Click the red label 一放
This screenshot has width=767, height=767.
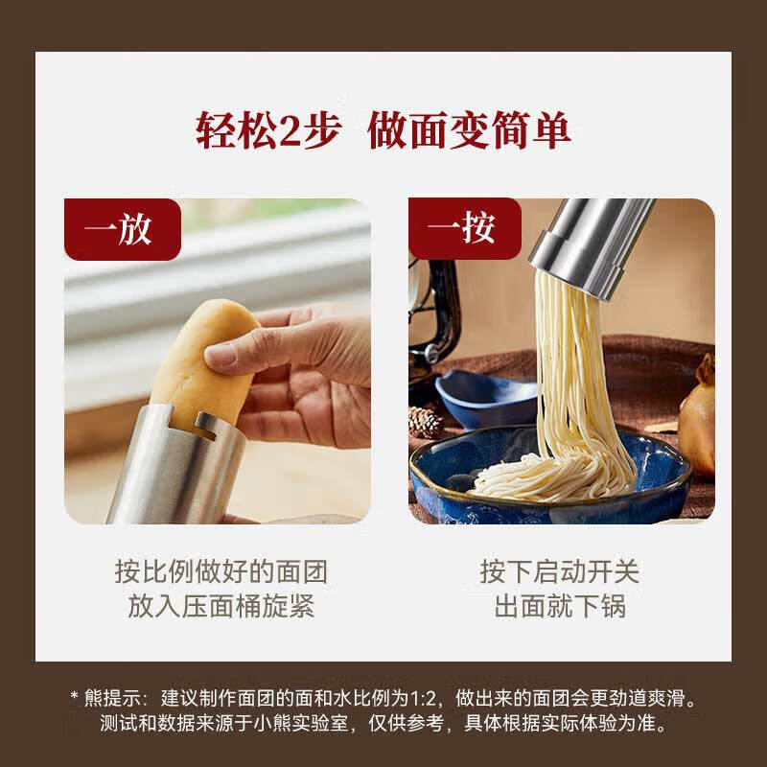pyautogui.click(x=122, y=230)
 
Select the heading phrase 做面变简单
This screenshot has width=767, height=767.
pyautogui.click(x=470, y=131)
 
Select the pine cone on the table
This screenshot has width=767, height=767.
pyautogui.click(x=425, y=422)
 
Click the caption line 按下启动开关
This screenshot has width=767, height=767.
pyautogui.click(x=560, y=573)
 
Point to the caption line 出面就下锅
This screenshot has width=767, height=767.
pyautogui.click(x=560, y=607)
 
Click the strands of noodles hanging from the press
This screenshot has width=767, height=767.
pyautogui.click(x=575, y=364)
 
